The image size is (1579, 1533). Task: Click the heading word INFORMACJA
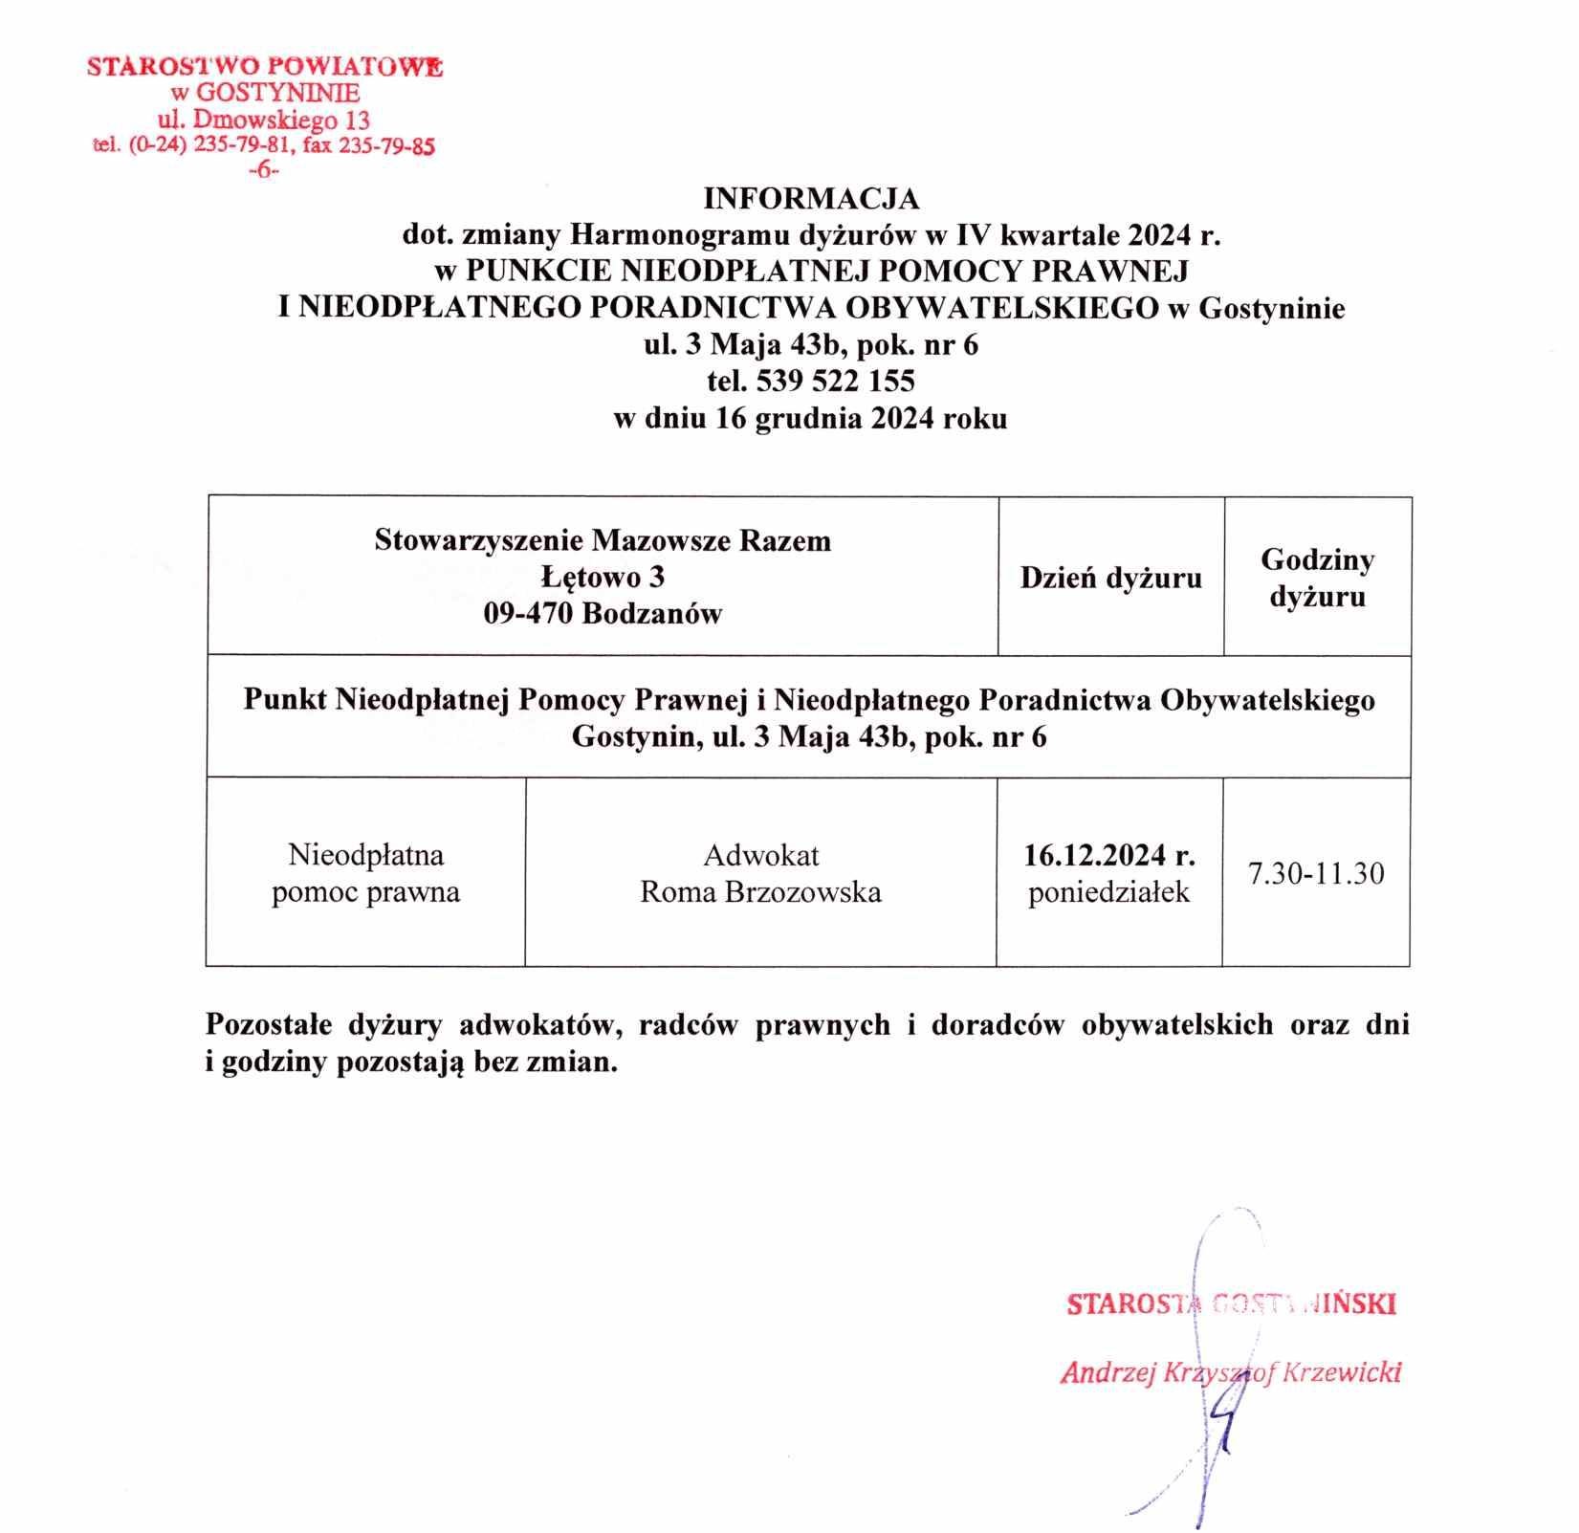(x=810, y=199)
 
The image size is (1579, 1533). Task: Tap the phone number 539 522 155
(x=835, y=382)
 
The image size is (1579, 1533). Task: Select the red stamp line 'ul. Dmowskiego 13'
(x=264, y=120)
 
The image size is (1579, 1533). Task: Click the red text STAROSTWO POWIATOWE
(x=265, y=67)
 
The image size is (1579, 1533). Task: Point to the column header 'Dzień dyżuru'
(x=1110, y=578)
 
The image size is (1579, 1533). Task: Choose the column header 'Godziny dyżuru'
(x=1317, y=578)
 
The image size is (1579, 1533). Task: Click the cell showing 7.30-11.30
(x=1316, y=873)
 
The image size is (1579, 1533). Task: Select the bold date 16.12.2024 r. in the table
(x=1109, y=854)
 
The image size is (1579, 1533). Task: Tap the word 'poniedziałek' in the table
(x=1109, y=892)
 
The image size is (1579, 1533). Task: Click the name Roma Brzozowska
(x=760, y=892)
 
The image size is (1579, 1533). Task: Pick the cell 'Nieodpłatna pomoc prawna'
(x=365, y=873)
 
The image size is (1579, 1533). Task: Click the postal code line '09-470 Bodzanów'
(x=603, y=613)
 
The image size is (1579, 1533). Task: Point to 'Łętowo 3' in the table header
(x=603, y=577)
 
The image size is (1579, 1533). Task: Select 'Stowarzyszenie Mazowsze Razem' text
(x=603, y=540)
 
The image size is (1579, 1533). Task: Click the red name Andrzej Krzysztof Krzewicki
(x=1231, y=1372)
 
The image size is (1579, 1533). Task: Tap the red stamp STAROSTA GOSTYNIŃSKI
(x=1231, y=1304)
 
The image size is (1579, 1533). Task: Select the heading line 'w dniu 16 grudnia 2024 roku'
(x=810, y=419)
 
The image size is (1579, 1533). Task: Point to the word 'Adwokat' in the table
(x=760, y=854)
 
